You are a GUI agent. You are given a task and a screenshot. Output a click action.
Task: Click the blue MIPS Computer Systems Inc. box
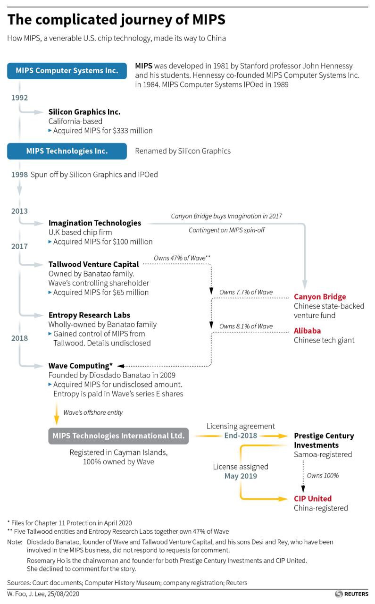click(x=67, y=71)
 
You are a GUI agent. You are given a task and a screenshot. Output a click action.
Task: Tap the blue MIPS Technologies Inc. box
click(x=67, y=151)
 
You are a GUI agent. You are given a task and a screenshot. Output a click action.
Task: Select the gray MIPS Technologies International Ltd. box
click(x=118, y=436)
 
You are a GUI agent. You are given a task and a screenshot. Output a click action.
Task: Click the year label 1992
click(x=19, y=98)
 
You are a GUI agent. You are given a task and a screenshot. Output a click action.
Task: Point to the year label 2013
click(x=19, y=211)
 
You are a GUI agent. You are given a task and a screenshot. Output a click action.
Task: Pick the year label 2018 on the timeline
click(x=19, y=338)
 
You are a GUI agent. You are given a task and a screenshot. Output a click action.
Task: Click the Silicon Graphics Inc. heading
click(x=84, y=112)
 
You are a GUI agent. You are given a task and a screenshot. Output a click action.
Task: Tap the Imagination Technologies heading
click(x=95, y=223)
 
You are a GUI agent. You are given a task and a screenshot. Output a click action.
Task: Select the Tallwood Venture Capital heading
click(x=93, y=264)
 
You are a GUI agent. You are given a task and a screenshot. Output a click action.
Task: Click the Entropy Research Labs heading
click(x=89, y=315)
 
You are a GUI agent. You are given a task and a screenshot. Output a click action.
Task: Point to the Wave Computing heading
click(x=80, y=366)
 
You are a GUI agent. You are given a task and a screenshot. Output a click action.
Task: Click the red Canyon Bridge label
click(x=320, y=297)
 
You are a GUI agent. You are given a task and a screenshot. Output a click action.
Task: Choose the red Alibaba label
click(x=308, y=331)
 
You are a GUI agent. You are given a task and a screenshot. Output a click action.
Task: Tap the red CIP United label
click(x=313, y=499)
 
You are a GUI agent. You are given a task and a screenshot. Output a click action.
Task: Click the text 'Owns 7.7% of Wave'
click(x=246, y=292)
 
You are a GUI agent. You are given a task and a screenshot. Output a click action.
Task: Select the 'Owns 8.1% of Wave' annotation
click(x=246, y=326)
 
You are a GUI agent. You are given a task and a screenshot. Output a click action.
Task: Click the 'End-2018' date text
click(x=241, y=436)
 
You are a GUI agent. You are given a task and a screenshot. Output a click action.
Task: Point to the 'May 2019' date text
click(x=241, y=476)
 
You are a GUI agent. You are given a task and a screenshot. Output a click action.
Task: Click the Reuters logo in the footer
click(x=351, y=594)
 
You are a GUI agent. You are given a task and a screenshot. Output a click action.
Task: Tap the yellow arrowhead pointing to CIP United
click(x=283, y=499)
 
